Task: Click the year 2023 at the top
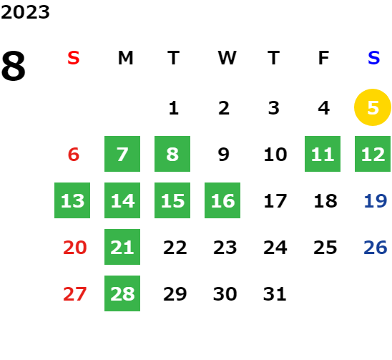click(x=25, y=12)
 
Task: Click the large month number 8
click(x=14, y=66)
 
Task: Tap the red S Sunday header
click(x=74, y=58)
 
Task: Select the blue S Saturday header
click(x=373, y=58)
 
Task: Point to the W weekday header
click(x=227, y=58)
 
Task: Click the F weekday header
click(x=323, y=58)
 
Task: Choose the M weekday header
click(x=125, y=58)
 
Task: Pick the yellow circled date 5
click(x=373, y=107)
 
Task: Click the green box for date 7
click(x=122, y=154)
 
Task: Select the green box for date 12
click(x=373, y=154)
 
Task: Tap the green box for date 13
click(x=72, y=200)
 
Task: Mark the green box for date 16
click(x=222, y=200)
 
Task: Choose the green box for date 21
click(x=122, y=247)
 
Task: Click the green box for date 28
click(x=122, y=293)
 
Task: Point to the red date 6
click(x=74, y=155)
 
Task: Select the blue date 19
click(x=376, y=201)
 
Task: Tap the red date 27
click(x=74, y=294)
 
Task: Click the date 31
click(x=275, y=294)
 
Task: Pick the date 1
click(x=174, y=108)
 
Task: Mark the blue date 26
click(x=376, y=248)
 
